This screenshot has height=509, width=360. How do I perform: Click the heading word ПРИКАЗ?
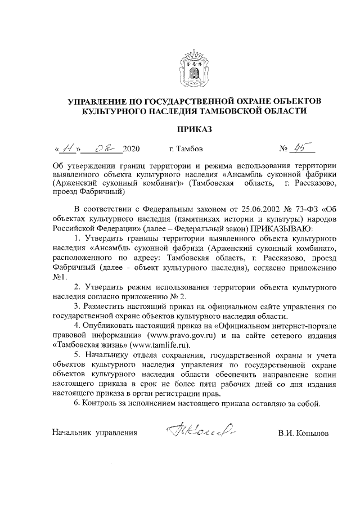(x=194, y=130)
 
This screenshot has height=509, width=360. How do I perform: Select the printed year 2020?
(x=130, y=150)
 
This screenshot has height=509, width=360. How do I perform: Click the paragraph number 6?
(x=76, y=403)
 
